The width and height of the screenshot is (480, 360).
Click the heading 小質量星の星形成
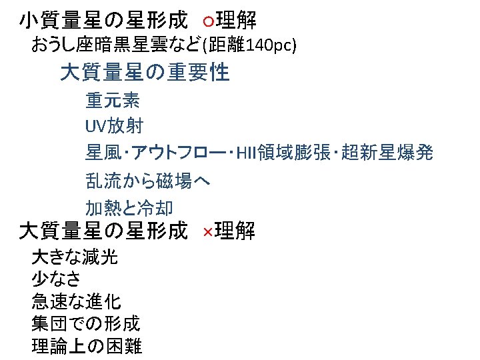(x=103, y=21)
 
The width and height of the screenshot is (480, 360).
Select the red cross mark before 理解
(x=207, y=232)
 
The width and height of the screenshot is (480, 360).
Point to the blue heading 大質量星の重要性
(x=145, y=72)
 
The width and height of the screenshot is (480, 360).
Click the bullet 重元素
(x=112, y=101)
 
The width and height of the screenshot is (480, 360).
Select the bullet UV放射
(x=114, y=126)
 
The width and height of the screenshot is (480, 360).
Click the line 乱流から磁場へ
(x=148, y=180)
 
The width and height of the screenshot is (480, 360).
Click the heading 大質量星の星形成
(x=103, y=231)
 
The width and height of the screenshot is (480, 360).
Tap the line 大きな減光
(x=75, y=257)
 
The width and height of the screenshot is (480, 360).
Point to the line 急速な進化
(x=76, y=301)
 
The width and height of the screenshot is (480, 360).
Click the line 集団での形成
(x=85, y=324)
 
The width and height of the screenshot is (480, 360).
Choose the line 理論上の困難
(x=87, y=347)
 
